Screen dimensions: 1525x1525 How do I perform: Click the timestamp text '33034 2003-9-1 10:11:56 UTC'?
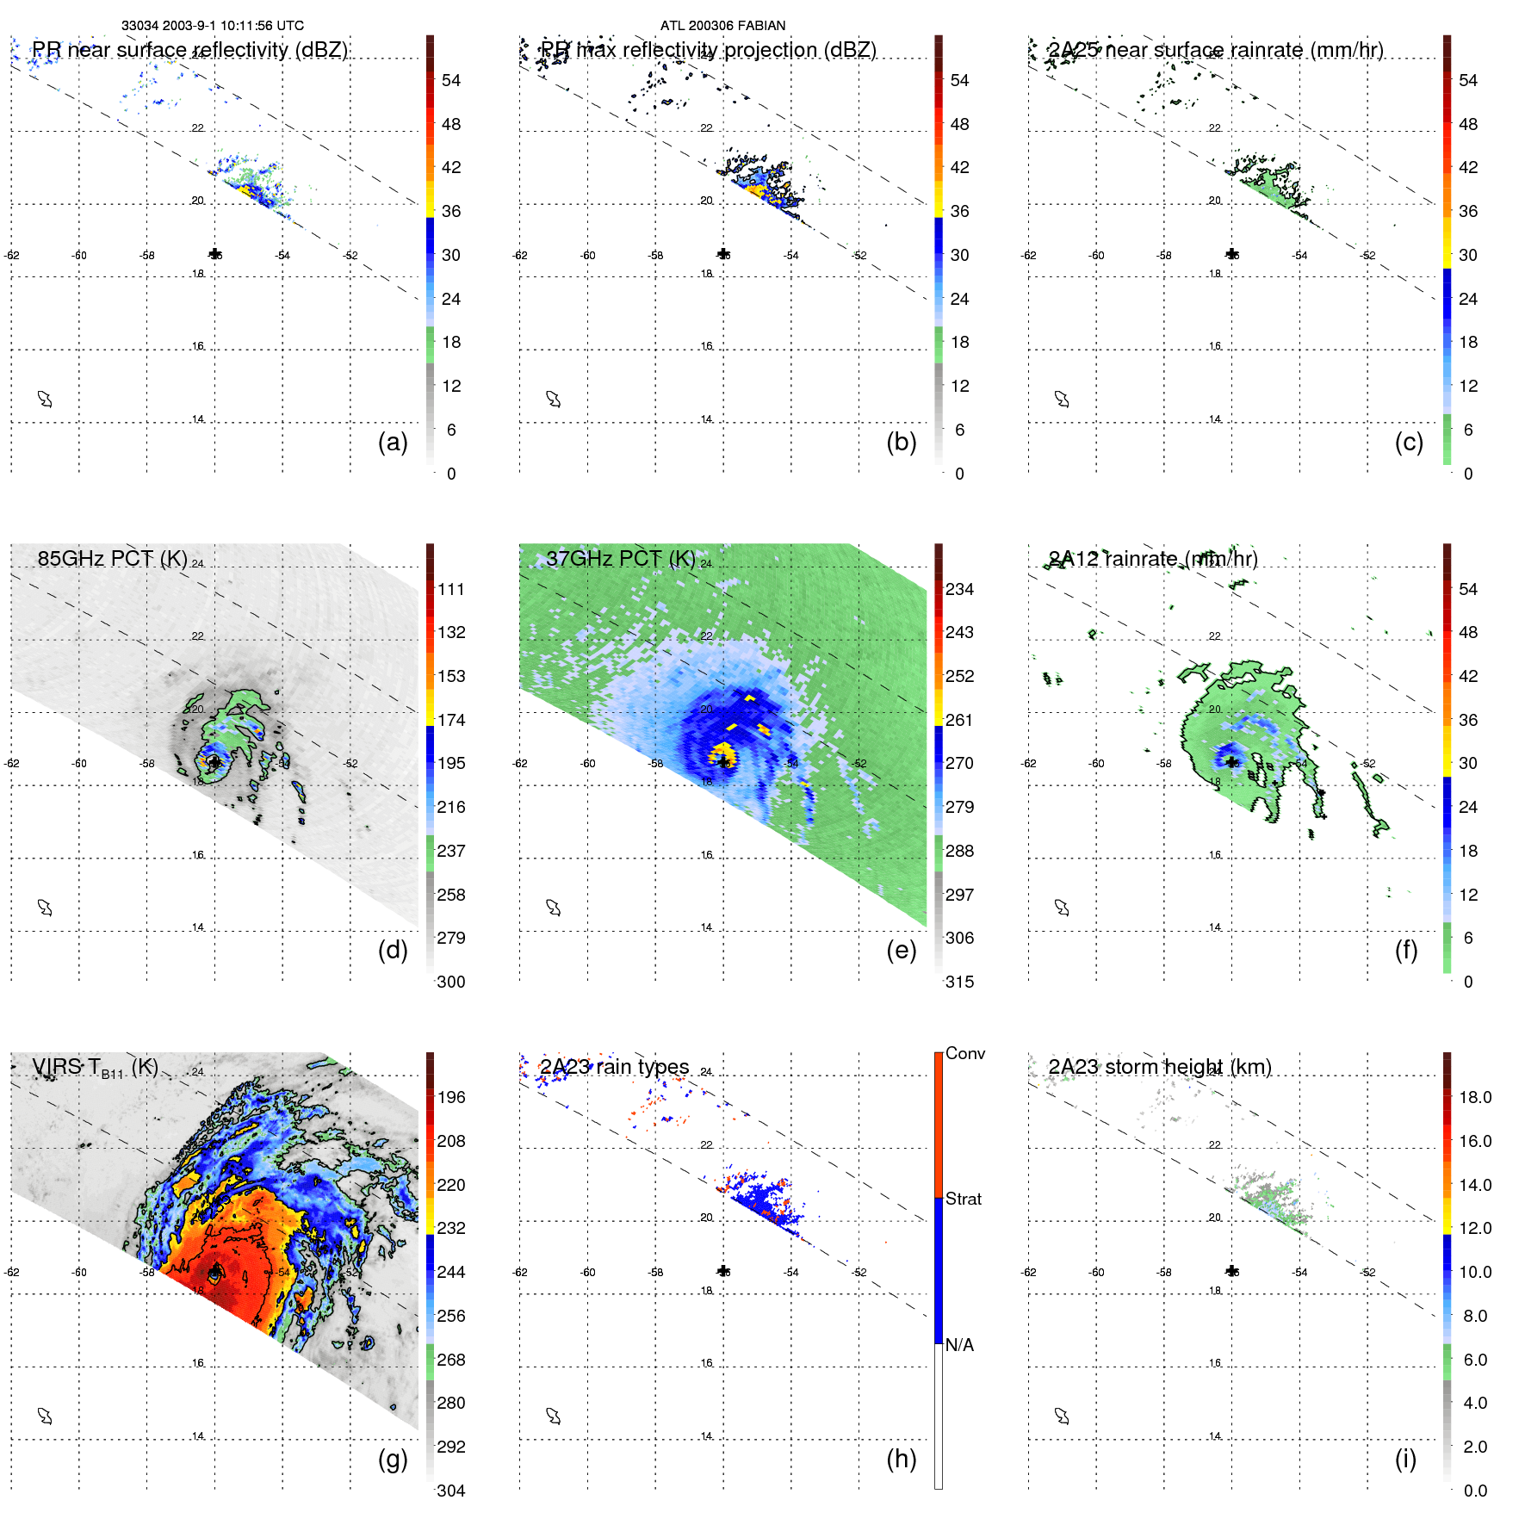(212, 26)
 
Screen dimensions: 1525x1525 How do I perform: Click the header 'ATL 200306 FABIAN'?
(722, 26)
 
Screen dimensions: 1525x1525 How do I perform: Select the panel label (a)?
(393, 442)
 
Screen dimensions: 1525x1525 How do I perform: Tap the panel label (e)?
(901, 950)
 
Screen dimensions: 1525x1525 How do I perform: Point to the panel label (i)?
(1405, 1459)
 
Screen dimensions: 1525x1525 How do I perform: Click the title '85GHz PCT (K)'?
(112, 558)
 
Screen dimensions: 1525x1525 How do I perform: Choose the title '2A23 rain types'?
(614, 1067)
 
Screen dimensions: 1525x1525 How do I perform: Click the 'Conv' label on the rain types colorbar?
(964, 1053)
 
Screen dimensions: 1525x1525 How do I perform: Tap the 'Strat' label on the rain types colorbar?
(963, 1199)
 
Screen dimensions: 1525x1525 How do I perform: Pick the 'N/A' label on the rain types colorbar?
(959, 1345)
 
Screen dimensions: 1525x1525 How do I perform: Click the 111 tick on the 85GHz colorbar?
(450, 589)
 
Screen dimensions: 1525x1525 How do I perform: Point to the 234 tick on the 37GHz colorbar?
(959, 589)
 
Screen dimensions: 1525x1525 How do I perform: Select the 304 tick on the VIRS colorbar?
(450, 1491)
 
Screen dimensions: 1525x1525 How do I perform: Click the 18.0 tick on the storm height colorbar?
(1474, 1097)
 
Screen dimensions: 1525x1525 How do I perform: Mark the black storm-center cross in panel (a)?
(215, 254)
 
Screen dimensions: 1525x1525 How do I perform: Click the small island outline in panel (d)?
(45, 908)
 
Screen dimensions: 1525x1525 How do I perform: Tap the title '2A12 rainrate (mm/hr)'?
(1152, 559)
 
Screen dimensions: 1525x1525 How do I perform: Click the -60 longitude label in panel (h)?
(588, 1272)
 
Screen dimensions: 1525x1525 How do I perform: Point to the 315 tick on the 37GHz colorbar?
(959, 982)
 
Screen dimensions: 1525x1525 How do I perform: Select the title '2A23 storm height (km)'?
(1159, 1067)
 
